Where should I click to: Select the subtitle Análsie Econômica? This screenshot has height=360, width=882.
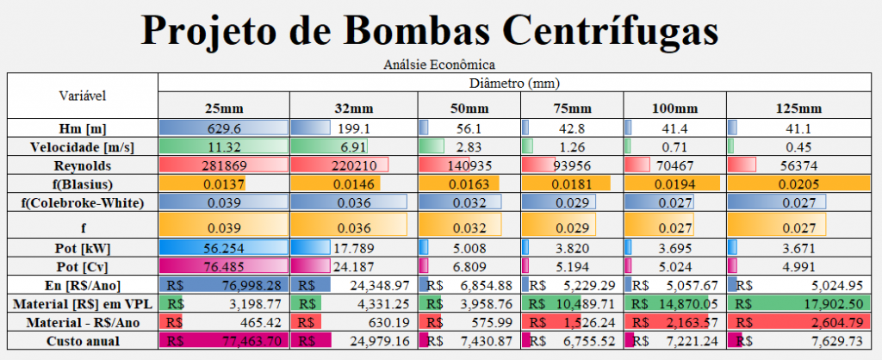(x=440, y=65)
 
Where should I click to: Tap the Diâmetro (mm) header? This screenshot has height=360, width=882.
(x=514, y=84)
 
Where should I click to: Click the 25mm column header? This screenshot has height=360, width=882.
(x=223, y=109)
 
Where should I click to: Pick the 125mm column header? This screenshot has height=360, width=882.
(x=797, y=109)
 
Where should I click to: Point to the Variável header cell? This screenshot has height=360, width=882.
(x=82, y=94)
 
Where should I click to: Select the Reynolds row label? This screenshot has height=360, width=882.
(x=82, y=164)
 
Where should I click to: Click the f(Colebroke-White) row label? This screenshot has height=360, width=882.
(x=82, y=202)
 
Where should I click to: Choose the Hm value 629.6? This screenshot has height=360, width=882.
(x=223, y=127)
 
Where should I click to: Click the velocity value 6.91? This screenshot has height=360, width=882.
(x=355, y=146)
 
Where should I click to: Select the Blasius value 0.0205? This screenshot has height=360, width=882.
(x=797, y=183)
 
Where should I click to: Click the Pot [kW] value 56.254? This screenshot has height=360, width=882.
(x=223, y=247)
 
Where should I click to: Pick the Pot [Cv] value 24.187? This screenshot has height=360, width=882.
(x=355, y=265)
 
